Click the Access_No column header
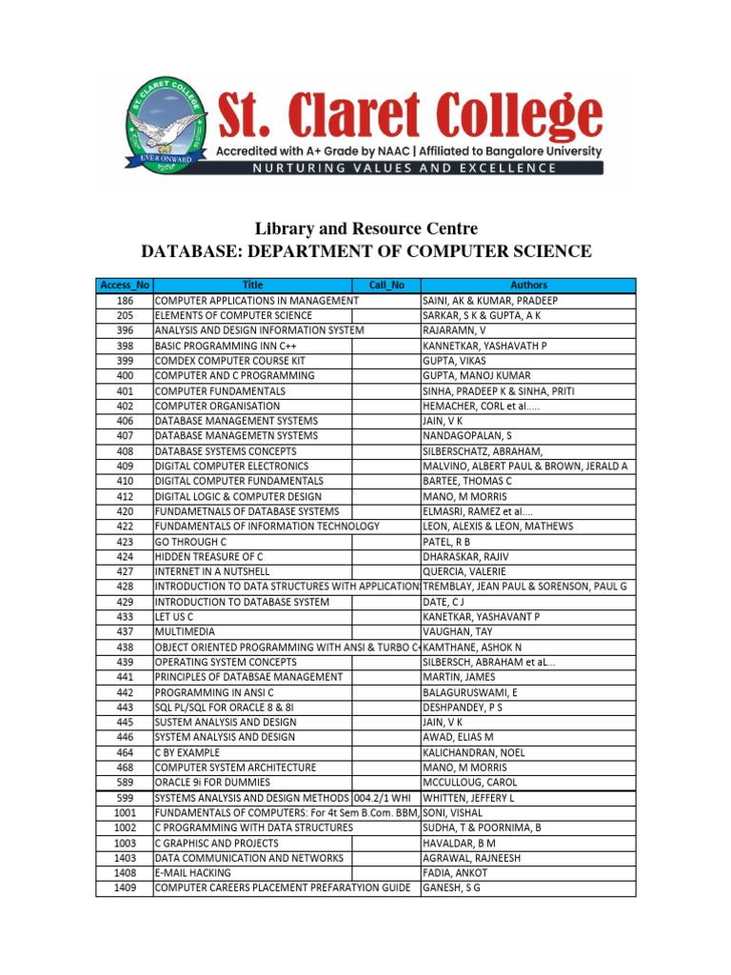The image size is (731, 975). (124, 285)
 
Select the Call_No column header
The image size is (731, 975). (386, 285)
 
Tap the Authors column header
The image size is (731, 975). (528, 285)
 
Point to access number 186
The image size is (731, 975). (125, 300)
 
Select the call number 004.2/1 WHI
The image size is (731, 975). (385, 797)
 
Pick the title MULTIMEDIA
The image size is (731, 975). (185, 631)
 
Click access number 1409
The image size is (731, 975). (125, 887)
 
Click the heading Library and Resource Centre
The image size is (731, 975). (365, 229)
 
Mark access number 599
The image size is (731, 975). (125, 797)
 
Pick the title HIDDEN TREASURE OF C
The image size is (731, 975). (208, 556)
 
